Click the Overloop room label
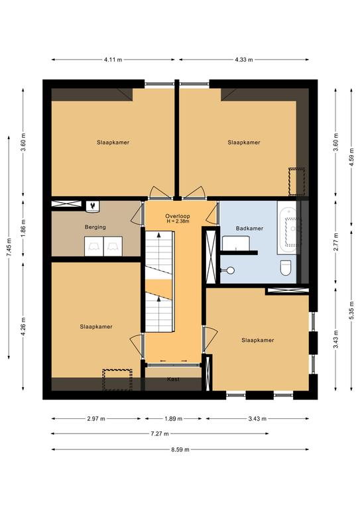pyautogui.click(x=177, y=216)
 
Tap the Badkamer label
pyautogui.click(x=249, y=229)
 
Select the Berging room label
pyautogui.click(x=95, y=227)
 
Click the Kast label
pyautogui.click(x=173, y=379)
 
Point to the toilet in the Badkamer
pyautogui.click(x=285, y=268)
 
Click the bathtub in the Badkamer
pyautogui.click(x=286, y=227)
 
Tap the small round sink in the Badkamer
pyautogui.click(x=231, y=270)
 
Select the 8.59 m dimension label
pyautogui.click(x=180, y=449)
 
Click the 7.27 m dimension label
pyautogui.click(x=160, y=433)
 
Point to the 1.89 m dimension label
pyautogui.click(x=173, y=419)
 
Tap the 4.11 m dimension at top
pyautogui.click(x=113, y=60)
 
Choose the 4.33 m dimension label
pyautogui.click(x=244, y=60)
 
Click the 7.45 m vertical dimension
pyautogui.click(x=9, y=247)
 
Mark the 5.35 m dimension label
pyautogui.click(x=351, y=311)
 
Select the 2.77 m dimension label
pyautogui.click(x=336, y=242)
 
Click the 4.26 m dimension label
pyautogui.click(x=23, y=327)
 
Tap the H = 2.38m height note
pyautogui.click(x=177, y=221)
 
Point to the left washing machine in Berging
pyautogui.click(x=94, y=246)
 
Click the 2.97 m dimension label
pyautogui.click(x=96, y=419)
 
